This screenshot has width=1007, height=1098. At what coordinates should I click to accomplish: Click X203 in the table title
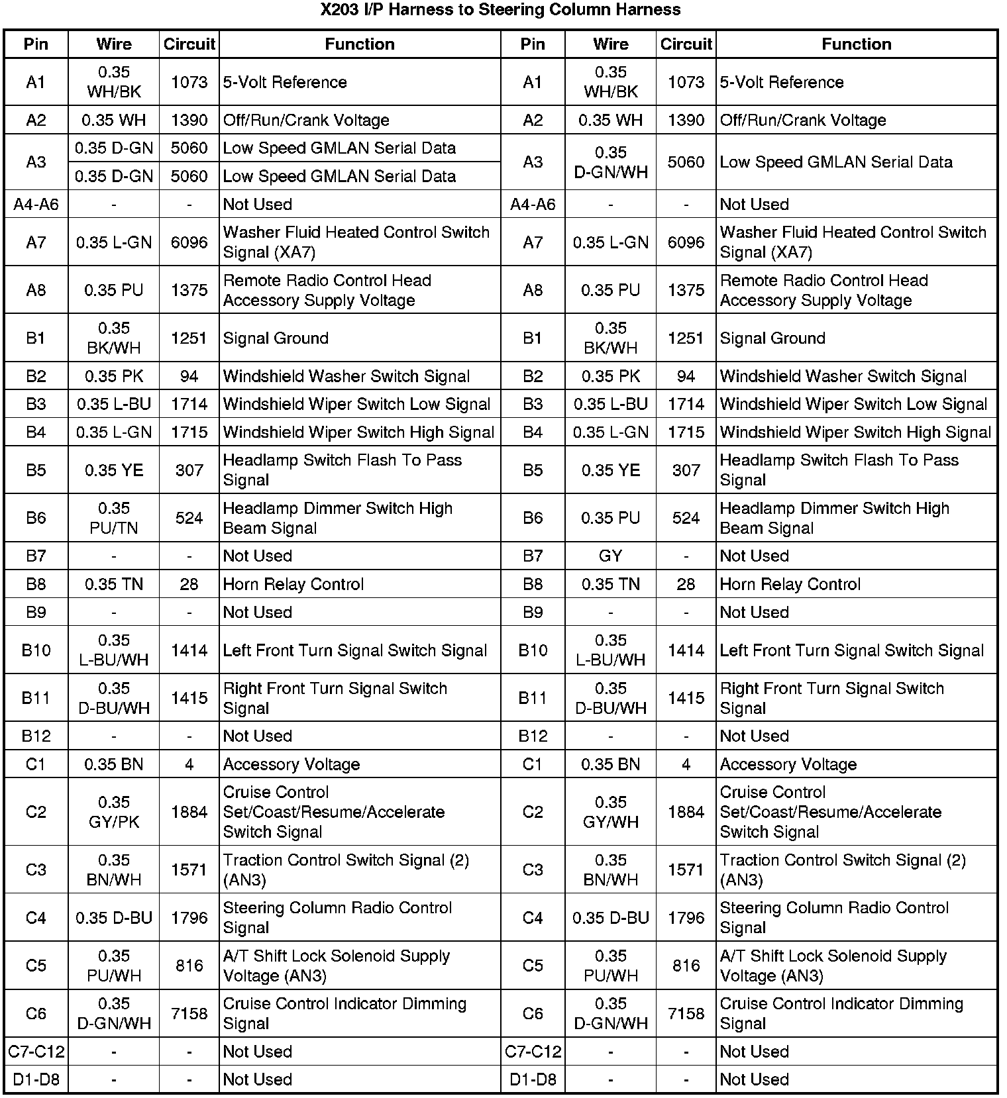tap(340, 10)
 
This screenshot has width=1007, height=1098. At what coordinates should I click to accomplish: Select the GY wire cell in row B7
tap(610, 556)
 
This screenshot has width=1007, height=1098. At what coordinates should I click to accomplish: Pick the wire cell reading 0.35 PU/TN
tap(114, 518)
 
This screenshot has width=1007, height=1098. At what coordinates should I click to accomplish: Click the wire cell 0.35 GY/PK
tap(114, 812)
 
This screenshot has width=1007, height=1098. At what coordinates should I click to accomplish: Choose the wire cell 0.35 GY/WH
tap(610, 812)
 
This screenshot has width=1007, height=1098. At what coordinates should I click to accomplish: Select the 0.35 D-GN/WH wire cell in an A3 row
tap(610, 162)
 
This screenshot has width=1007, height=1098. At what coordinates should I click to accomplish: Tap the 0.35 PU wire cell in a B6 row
tap(610, 518)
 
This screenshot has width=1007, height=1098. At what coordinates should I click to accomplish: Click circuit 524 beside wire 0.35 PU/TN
tap(189, 518)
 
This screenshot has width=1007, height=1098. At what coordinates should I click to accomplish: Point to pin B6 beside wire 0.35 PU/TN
tap(36, 518)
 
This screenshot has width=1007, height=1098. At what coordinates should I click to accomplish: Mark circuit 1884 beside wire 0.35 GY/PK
tap(189, 812)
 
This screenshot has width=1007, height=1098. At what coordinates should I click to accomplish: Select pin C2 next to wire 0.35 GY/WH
tap(533, 812)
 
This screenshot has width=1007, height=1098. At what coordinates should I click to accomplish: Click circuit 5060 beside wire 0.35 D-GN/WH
tap(686, 162)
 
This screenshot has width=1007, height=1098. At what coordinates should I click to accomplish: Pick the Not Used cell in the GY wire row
tap(754, 556)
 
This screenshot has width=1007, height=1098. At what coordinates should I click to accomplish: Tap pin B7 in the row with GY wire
tap(533, 556)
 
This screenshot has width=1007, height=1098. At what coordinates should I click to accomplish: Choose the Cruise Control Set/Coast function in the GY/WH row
tap(830, 812)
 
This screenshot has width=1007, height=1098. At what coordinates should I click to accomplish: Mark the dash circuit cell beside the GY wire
tap(686, 556)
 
